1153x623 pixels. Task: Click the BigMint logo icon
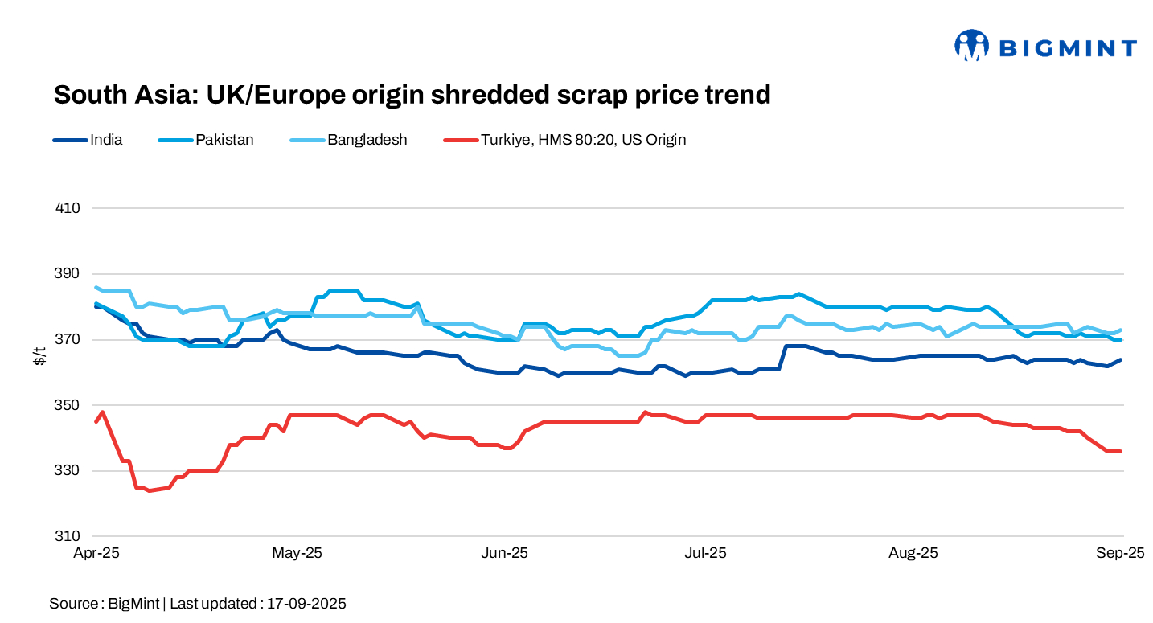point(970,46)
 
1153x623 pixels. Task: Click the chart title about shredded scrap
point(412,95)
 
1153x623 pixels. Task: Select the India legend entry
point(106,140)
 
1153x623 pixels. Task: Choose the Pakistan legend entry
point(224,140)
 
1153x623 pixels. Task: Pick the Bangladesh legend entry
point(367,140)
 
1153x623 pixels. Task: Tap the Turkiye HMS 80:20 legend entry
point(583,140)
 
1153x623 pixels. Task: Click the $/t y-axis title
point(39,356)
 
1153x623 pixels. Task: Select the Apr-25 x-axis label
point(96,553)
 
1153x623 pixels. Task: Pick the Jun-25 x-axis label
point(504,553)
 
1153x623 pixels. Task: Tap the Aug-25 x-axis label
point(913,553)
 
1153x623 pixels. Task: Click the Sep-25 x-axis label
point(1120,553)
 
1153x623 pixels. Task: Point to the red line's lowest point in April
point(149,490)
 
